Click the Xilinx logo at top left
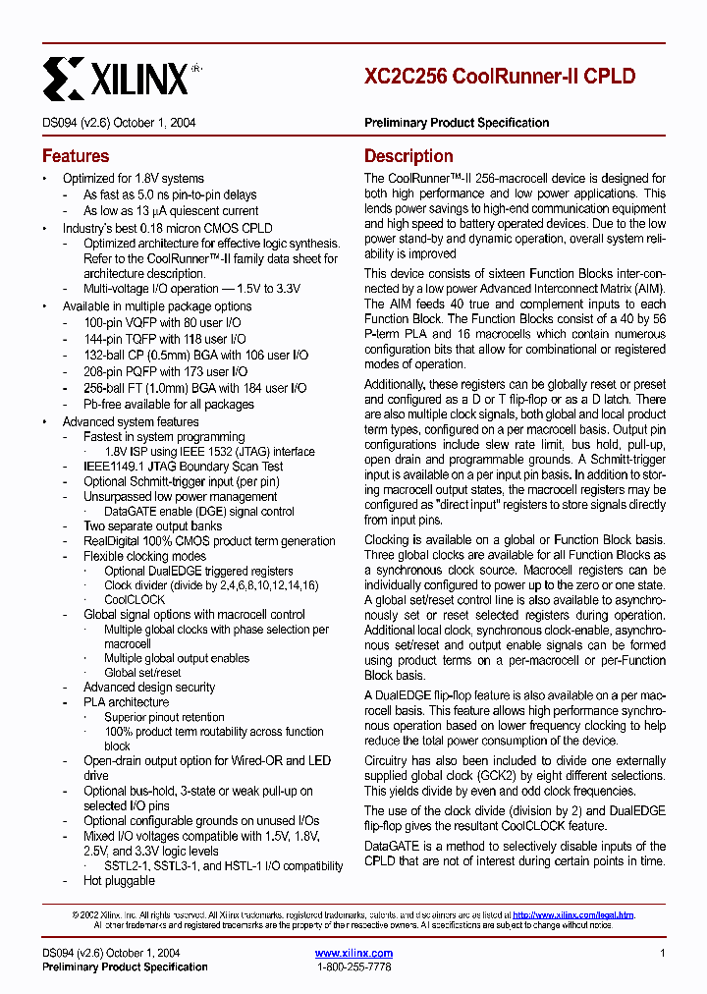(116, 78)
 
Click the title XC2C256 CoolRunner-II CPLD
(500, 77)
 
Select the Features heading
(76, 156)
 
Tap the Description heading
(408, 156)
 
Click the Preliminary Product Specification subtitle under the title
(457, 123)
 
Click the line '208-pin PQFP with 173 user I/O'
(165, 371)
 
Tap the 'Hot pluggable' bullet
(119, 880)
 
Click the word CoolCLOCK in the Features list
(135, 599)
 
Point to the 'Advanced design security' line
(148, 687)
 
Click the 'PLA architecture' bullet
(126, 701)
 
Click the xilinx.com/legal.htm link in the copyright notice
(573, 914)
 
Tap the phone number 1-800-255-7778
(353, 966)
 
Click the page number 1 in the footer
(663, 953)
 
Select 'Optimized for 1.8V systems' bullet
(134, 179)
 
